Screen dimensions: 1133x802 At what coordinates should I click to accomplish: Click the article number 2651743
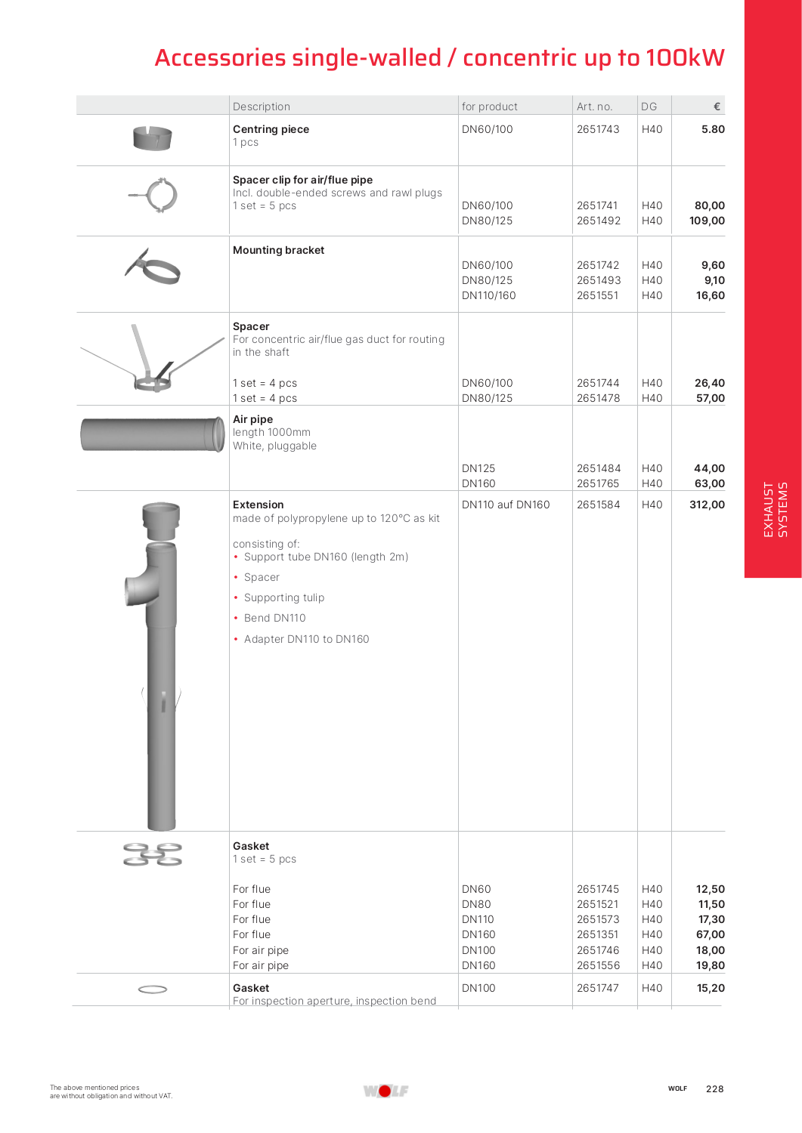tap(597, 129)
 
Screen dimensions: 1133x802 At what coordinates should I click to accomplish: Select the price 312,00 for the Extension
tap(707, 505)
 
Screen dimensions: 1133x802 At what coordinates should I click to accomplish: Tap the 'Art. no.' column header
tap(594, 107)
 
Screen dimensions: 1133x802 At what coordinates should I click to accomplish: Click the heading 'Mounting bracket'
tap(278, 250)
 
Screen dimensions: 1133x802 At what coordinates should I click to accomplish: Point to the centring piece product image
tap(152, 138)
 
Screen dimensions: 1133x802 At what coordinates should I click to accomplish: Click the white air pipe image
tap(153, 434)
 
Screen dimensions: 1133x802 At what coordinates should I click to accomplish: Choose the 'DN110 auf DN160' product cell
tap(506, 505)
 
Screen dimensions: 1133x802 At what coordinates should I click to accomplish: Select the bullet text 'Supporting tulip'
tap(284, 597)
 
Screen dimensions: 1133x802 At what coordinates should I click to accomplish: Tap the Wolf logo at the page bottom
tap(386, 1090)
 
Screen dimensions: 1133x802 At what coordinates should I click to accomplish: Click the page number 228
tap(714, 1088)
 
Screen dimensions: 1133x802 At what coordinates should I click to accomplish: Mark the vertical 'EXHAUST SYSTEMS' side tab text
tap(775, 509)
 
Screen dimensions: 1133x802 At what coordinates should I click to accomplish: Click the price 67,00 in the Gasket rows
tap(710, 934)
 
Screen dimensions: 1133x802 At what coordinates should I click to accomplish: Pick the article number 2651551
tap(597, 295)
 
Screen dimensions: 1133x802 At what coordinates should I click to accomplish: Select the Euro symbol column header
tap(717, 107)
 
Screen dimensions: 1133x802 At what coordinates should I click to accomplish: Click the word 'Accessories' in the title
tap(220, 57)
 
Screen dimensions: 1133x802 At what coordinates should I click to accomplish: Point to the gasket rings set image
tap(153, 854)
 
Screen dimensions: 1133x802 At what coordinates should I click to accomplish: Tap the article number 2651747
tap(597, 988)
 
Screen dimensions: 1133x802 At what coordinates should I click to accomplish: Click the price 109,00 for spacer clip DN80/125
tap(707, 221)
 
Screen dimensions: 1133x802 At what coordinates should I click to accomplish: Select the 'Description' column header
tap(262, 107)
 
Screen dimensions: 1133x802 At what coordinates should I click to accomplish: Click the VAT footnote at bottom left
tap(111, 1091)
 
